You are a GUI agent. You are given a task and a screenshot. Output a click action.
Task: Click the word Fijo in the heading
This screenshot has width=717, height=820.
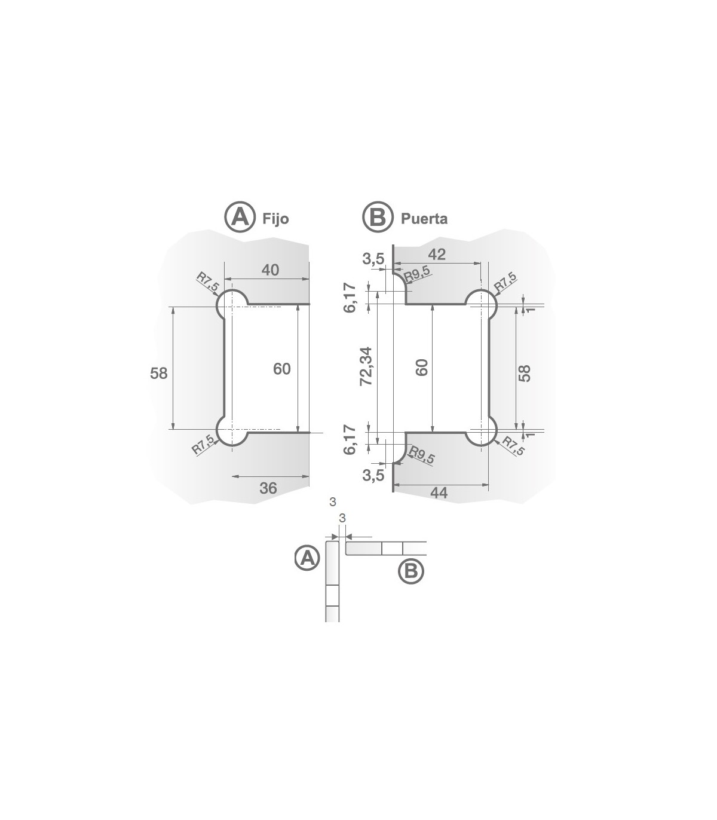click(x=275, y=219)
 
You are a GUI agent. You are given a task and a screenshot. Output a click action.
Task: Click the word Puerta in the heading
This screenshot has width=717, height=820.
click(x=424, y=219)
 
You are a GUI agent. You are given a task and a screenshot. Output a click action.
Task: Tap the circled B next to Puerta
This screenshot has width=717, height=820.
click(x=378, y=216)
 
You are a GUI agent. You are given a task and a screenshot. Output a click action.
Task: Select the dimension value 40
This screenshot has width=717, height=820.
click(x=270, y=270)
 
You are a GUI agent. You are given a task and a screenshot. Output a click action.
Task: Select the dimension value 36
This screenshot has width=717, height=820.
click(x=269, y=488)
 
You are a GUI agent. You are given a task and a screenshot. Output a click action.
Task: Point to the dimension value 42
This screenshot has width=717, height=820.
click(x=437, y=254)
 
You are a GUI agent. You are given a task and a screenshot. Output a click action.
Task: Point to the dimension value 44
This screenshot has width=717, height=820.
click(x=439, y=493)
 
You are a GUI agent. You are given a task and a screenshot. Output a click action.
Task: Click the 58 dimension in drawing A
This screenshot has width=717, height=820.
click(x=159, y=373)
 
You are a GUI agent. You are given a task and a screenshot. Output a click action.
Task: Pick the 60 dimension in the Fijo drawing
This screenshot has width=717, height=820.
click(x=282, y=369)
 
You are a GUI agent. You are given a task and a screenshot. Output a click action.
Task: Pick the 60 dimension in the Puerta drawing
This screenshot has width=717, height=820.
click(x=422, y=367)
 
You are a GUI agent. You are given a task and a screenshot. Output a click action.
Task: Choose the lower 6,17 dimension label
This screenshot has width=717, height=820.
click(x=351, y=440)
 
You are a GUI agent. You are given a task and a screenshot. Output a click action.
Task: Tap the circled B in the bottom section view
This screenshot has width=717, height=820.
click(x=411, y=571)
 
